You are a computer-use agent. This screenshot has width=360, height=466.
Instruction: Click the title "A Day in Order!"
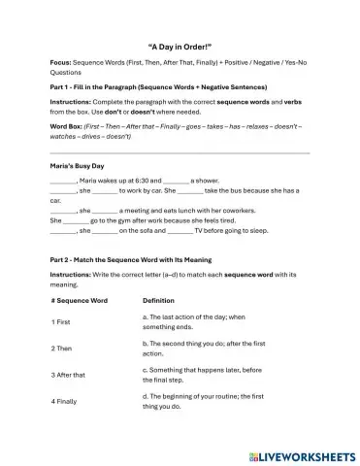coord(180,45)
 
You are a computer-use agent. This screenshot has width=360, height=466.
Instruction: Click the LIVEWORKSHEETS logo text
coord(301,454)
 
